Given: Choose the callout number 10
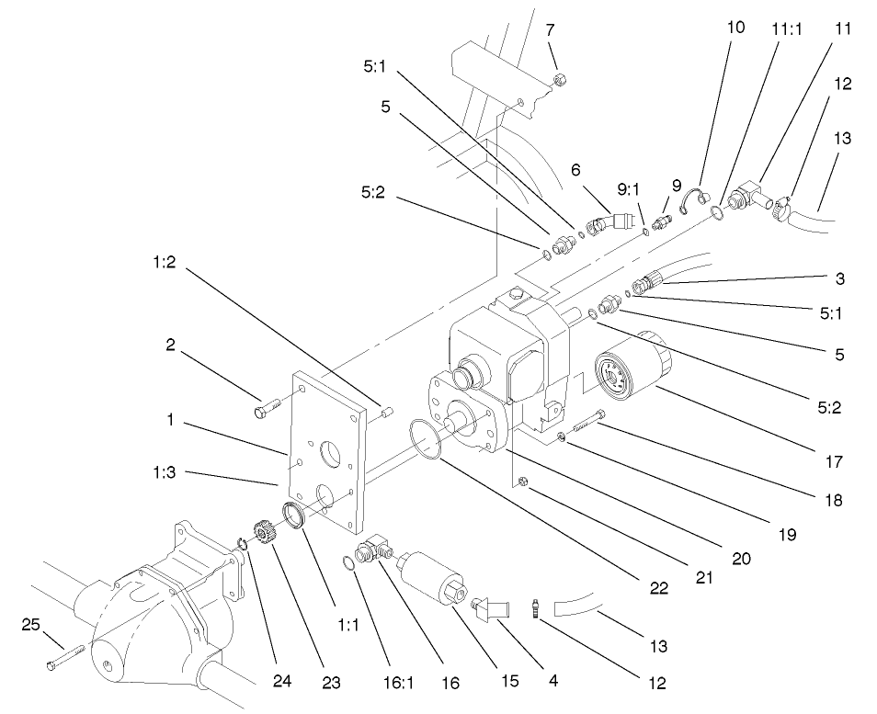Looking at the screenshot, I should pos(735,28).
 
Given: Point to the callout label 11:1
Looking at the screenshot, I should pos(787,28).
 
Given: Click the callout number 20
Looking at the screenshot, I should pos(741,558).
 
